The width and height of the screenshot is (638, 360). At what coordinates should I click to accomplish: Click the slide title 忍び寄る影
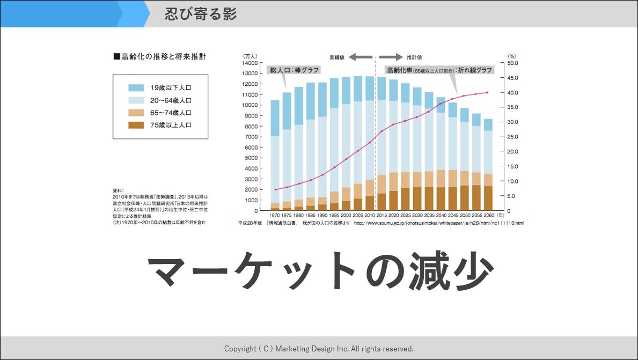pyautogui.click(x=201, y=14)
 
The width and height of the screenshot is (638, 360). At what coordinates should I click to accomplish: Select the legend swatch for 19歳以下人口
pyautogui.click(x=136, y=87)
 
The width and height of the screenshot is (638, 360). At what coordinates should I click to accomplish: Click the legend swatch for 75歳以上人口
pyautogui.click(x=136, y=125)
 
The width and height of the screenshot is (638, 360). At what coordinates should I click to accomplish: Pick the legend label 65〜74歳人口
pyautogui.click(x=171, y=113)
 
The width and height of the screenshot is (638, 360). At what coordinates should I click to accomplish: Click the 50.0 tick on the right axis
pyautogui.click(x=513, y=63)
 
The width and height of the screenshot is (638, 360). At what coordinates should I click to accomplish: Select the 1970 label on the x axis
pyautogui.click(x=275, y=215)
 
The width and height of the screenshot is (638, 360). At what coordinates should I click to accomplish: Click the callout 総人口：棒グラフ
pyautogui.click(x=295, y=70)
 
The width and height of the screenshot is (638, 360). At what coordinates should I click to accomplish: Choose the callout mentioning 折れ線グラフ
pyautogui.click(x=439, y=70)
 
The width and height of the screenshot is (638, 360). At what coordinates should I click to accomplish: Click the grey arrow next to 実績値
pyautogui.click(x=363, y=56)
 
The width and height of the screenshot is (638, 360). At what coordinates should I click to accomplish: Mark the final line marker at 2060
pyautogui.click(x=487, y=92)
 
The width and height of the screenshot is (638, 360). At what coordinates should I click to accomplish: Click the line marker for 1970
pyautogui.click(x=275, y=189)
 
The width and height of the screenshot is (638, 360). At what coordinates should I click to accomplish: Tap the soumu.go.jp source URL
pyautogui.click(x=439, y=223)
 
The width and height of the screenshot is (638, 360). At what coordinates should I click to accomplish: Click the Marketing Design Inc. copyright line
pyautogui.click(x=319, y=349)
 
